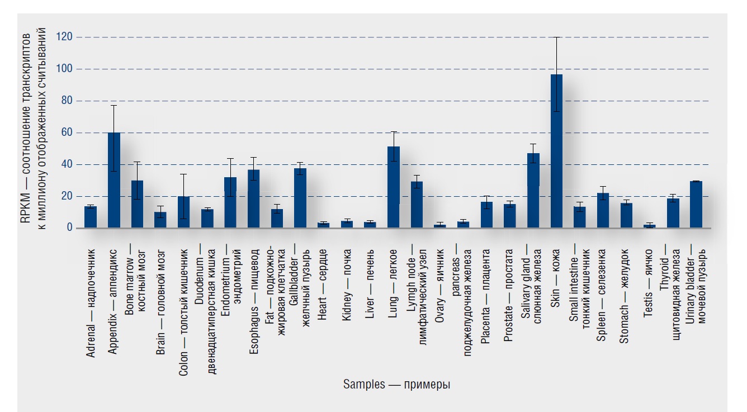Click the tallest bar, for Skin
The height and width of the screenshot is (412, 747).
coord(556,151)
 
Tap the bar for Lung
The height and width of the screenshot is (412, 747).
coord(394,187)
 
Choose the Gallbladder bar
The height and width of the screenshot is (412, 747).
coord(300,198)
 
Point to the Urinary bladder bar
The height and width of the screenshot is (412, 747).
coord(696,205)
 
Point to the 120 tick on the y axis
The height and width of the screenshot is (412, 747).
coord(65,37)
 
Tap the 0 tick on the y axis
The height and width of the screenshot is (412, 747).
coord(70,228)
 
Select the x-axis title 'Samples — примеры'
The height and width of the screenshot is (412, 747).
coord(396,385)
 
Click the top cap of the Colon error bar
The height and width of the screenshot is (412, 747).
coord(184,174)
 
